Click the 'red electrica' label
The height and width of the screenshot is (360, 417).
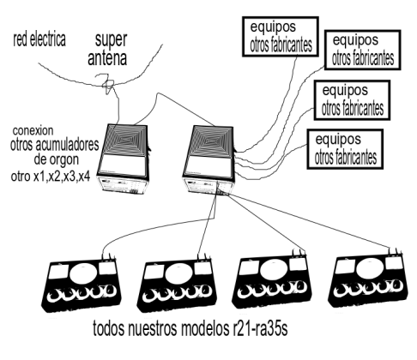point(39,39)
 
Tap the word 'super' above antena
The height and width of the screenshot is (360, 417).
point(111,40)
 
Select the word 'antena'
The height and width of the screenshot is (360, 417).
point(107,58)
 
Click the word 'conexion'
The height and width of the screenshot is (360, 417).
point(33,130)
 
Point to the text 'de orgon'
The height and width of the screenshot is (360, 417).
point(57,159)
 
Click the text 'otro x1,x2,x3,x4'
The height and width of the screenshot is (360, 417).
point(51,177)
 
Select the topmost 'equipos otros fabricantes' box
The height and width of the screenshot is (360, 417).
point(281,37)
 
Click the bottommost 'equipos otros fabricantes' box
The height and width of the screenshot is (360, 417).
point(345,149)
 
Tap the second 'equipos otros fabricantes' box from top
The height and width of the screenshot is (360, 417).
point(362,50)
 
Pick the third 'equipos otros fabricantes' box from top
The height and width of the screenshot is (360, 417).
point(352,100)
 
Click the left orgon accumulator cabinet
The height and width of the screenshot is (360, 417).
point(123,159)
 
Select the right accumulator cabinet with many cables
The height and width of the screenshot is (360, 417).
point(209,160)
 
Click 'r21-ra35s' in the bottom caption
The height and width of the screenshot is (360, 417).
point(259,329)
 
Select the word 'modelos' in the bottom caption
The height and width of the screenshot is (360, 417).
point(204,329)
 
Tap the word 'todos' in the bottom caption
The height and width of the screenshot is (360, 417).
point(109,329)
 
